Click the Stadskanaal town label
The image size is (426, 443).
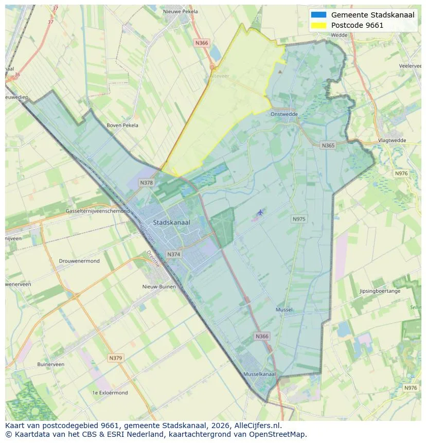point(171,222)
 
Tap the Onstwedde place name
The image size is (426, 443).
point(285,114)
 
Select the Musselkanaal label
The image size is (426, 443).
point(259,374)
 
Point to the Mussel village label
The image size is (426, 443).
point(284,310)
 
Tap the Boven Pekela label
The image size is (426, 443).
point(122,125)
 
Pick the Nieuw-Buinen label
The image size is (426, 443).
point(159,287)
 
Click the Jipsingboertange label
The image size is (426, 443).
point(380,291)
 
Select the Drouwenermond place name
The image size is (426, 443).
point(79,261)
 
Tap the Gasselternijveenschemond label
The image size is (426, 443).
point(98,211)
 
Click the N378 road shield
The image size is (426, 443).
point(146,183)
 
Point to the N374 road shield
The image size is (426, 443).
point(174,254)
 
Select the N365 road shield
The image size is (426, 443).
point(328,146)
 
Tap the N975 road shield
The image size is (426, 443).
point(299,219)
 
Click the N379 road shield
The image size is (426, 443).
point(116,358)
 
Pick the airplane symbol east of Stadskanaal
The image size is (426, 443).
point(260,212)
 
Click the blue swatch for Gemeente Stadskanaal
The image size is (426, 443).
point(318,15)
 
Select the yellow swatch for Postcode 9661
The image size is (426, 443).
point(318,25)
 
